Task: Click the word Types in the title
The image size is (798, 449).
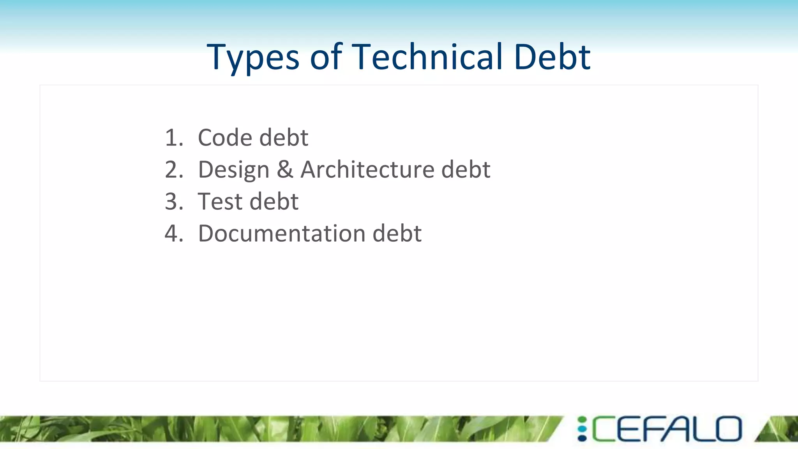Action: (253, 57)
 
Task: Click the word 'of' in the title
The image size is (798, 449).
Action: (326, 57)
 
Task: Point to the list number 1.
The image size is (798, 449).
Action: (173, 138)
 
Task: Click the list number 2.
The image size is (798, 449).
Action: (173, 170)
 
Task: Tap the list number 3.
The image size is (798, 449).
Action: (173, 202)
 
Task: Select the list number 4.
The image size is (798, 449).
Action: (173, 233)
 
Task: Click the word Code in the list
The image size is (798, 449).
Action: (225, 138)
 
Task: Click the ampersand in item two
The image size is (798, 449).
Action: (285, 170)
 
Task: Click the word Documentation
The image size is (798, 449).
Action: (282, 233)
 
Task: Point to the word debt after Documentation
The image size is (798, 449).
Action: (397, 233)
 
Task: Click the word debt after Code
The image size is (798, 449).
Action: (284, 138)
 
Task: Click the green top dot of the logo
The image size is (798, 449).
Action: (582, 420)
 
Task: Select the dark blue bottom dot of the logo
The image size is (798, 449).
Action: (582, 438)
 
